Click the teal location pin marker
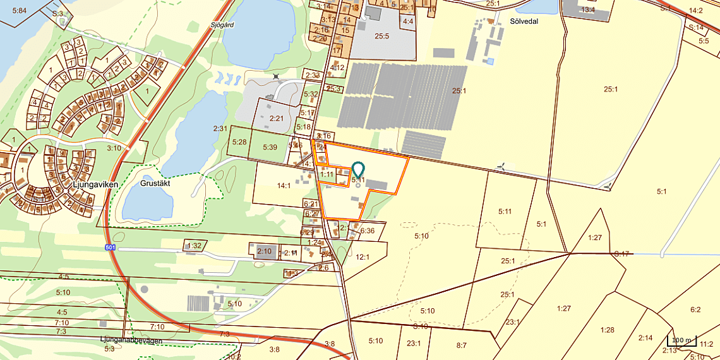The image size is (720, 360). coord(358,169)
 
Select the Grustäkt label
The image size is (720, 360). coord(156,183)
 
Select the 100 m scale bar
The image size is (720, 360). coord(681,340)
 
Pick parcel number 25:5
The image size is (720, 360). coord(381,36)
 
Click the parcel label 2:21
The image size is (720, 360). coord(277,118)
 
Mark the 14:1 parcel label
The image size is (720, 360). coord(284,186)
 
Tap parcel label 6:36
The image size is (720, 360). coord(368,231)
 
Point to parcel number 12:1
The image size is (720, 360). coord(363,257)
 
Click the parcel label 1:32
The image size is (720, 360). coord(195,245)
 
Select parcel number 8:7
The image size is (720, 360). coord(461,345)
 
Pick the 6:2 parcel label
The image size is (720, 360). coord(695,309)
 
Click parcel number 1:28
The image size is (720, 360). coord(607,330)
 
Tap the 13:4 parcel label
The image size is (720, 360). coord(588,10)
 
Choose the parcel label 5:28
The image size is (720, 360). coord(239,141)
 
